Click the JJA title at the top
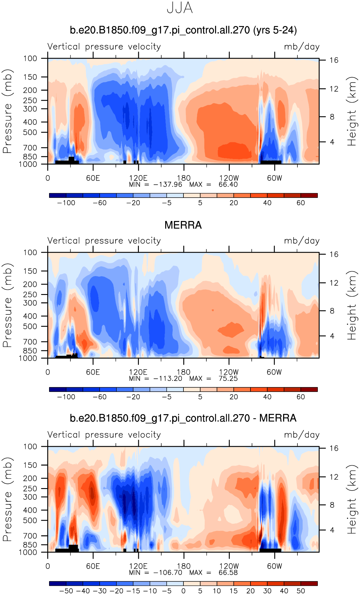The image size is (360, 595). click(x=180, y=8)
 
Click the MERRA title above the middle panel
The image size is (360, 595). click(x=183, y=225)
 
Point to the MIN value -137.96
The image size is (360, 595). click(x=168, y=184)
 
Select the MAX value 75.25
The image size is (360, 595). click(x=228, y=379)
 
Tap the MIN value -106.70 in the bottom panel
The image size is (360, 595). click(x=168, y=573)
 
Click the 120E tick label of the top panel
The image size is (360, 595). click(x=138, y=178)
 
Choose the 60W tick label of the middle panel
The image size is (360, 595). click(x=274, y=372)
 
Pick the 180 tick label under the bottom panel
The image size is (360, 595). click(x=183, y=566)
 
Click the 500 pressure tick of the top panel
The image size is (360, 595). click(x=31, y=132)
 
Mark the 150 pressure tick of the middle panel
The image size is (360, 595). click(x=31, y=271)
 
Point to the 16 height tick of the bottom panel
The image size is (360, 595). click(x=334, y=448)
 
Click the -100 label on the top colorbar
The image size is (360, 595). click(x=66, y=203)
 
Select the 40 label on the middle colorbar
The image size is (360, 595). click(x=267, y=397)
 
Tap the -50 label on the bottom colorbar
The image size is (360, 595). click(x=66, y=591)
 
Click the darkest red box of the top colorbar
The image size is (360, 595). click(x=309, y=196)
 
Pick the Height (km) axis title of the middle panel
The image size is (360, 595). click(x=352, y=305)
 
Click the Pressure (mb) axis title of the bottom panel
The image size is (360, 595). click(x=7, y=499)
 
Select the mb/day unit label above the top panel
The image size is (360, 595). click(x=302, y=47)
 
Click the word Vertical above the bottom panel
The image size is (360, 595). click(x=64, y=435)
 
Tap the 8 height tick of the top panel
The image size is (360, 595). click(x=332, y=117)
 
